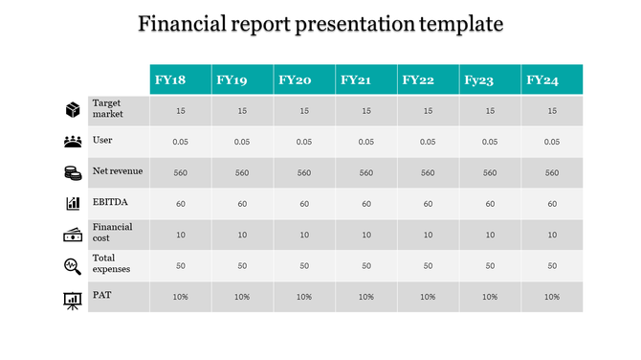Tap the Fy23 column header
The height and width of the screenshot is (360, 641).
(x=479, y=80)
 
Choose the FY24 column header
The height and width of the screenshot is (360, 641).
(x=542, y=80)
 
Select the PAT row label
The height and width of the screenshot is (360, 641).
(x=100, y=295)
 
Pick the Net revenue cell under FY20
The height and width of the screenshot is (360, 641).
(x=304, y=173)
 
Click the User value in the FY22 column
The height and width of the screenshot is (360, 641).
(x=428, y=142)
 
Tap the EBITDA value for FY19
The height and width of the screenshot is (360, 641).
(x=242, y=204)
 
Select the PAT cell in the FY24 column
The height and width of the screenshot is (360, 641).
(x=552, y=297)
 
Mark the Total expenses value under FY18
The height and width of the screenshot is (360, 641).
(x=180, y=265)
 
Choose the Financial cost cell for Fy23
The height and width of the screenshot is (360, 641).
(x=490, y=235)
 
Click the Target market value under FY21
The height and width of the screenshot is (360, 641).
(x=365, y=111)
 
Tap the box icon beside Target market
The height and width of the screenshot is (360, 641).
(x=72, y=110)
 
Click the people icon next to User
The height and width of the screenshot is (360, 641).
(x=72, y=142)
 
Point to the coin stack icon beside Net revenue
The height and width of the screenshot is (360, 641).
(x=72, y=173)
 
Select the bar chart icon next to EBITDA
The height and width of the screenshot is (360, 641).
(x=72, y=204)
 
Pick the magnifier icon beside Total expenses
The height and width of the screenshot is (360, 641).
(x=72, y=265)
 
